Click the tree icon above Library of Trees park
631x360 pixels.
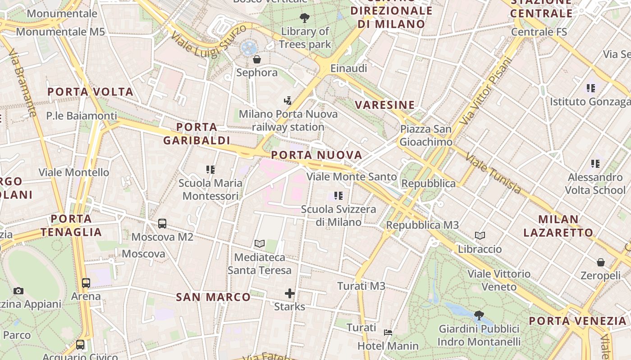click(x=305, y=18)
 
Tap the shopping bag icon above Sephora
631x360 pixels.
click(x=257, y=59)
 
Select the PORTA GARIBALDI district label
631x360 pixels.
click(x=197, y=134)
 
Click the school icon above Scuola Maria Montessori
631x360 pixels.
click(x=210, y=170)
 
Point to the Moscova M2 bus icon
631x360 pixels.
click(x=162, y=223)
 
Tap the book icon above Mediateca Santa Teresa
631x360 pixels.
click(x=259, y=244)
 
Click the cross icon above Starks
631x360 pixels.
click(x=290, y=294)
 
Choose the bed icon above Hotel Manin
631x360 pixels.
click(x=388, y=333)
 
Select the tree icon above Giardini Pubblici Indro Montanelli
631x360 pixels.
click(x=479, y=315)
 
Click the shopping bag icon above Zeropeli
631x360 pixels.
click(x=600, y=262)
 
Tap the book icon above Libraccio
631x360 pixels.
click(x=480, y=235)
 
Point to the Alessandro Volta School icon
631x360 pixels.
click(x=595, y=164)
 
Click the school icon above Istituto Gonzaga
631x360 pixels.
click(x=591, y=88)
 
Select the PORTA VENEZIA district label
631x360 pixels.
click(x=577, y=321)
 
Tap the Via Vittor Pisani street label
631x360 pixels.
click(x=487, y=91)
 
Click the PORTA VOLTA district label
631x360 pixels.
click(x=90, y=92)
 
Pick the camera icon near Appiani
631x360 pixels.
click(x=18, y=291)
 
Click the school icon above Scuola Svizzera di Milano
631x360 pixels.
click(x=338, y=196)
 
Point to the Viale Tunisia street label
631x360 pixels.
click(x=493, y=173)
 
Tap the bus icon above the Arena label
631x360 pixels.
click(x=86, y=283)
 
